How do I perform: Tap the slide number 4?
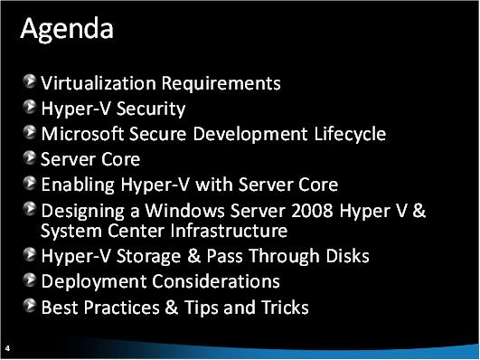click(x=7, y=347)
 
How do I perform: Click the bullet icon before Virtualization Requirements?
click(x=32, y=83)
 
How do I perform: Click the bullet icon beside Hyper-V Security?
click(x=32, y=109)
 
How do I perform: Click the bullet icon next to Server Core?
click(x=32, y=159)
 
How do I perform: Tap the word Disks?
click(x=344, y=256)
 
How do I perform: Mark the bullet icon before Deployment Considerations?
click(x=32, y=281)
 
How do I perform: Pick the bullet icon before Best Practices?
click(x=32, y=307)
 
